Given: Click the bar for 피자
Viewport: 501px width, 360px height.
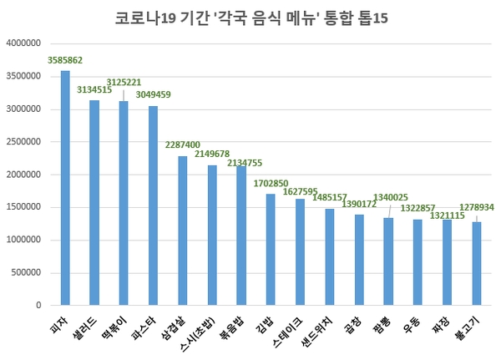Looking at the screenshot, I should tap(65, 189).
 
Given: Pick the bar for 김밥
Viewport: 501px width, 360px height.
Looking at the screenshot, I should tap(271, 250).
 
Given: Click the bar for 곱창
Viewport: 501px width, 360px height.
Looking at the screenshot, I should tap(359, 261).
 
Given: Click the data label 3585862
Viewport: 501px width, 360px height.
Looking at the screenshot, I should tap(64, 61).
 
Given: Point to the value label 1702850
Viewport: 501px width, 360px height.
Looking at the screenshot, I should tap(271, 183).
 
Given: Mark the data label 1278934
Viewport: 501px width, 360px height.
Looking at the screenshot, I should tap(477, 205).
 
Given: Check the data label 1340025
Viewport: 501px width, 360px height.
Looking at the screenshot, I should tap(391, 197).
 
